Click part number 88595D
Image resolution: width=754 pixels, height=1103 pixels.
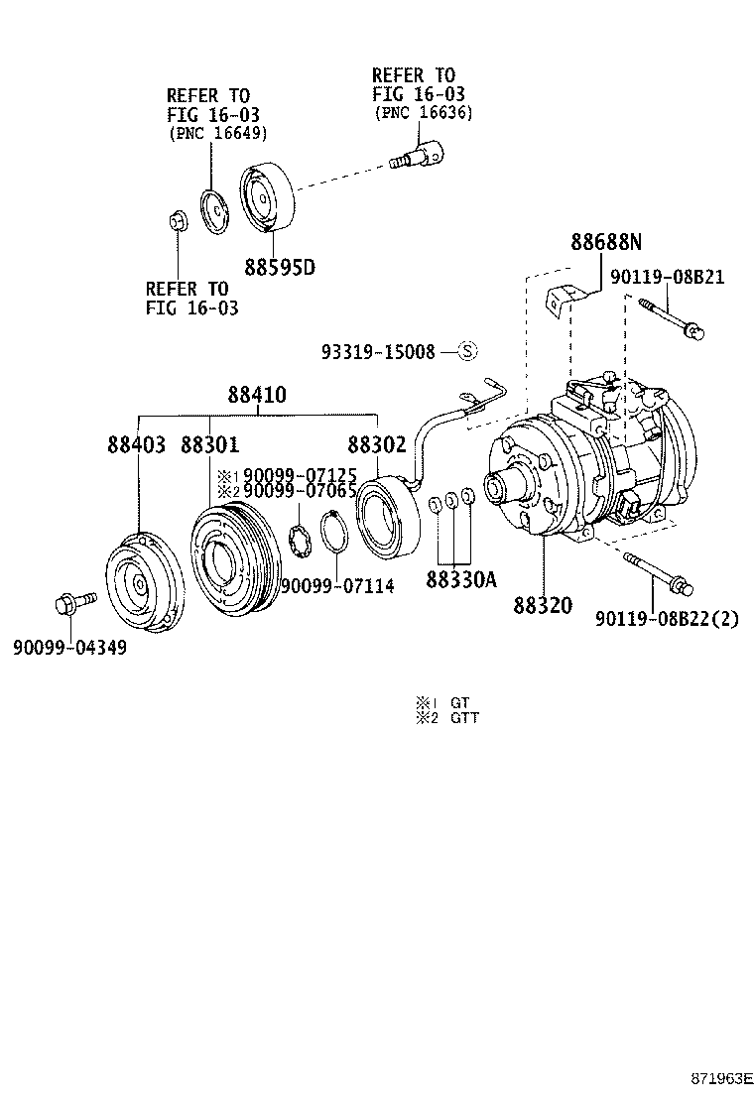tap(281, 267)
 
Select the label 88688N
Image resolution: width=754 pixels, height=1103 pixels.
tap(605, 242)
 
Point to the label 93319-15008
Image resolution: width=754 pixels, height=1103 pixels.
tap(378, 352)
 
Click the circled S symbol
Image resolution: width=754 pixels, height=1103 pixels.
tap(467, 351)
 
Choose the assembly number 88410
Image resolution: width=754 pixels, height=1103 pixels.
tap(257, 395)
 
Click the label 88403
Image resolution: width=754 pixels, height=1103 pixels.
tap(137, 444)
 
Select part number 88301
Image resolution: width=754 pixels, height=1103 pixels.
tap(209, 444)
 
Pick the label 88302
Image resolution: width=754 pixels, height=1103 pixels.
tap(376, 444)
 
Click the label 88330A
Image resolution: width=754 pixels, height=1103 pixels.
tap(460, 579)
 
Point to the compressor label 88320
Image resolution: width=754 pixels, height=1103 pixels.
tap(543, 605)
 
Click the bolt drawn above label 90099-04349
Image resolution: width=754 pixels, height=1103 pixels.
tap(72, 602)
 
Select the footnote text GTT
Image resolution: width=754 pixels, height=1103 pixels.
tap(464, 718)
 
